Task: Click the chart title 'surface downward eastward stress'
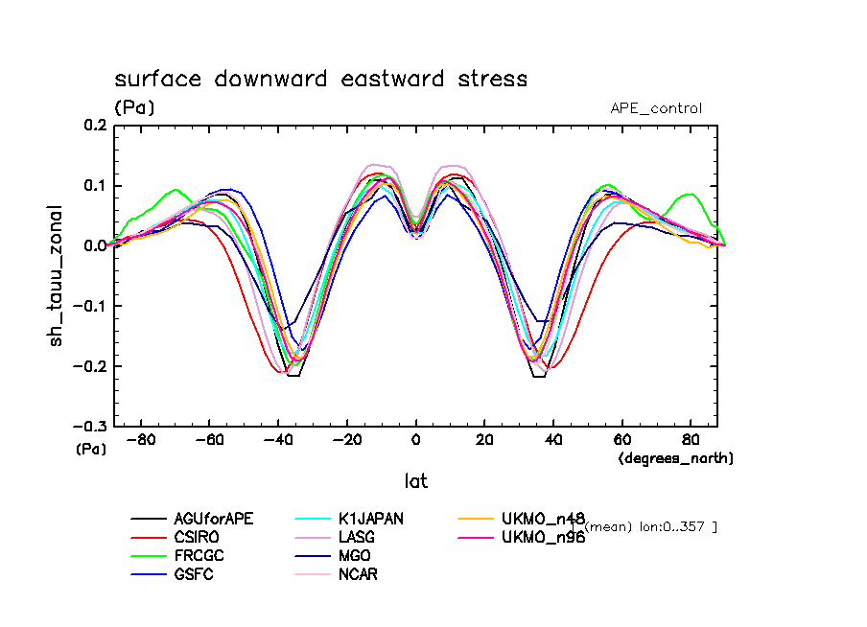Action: [x=320, y=79]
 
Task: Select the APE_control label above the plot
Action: [x=656, y=108]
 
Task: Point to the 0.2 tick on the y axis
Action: [x=94, y=125]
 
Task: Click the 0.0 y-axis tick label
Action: [x=94, y=245]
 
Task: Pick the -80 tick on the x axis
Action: [x=141, y=441]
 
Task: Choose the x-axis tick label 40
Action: [x=552, y=441]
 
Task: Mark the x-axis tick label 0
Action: [x=415, y=441]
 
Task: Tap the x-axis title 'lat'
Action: [x=415, y=480]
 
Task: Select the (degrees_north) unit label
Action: [x=676, y=458]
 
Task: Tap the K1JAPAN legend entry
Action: [x=369, y=519]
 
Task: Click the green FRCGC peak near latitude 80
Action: [x=690, y=194]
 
